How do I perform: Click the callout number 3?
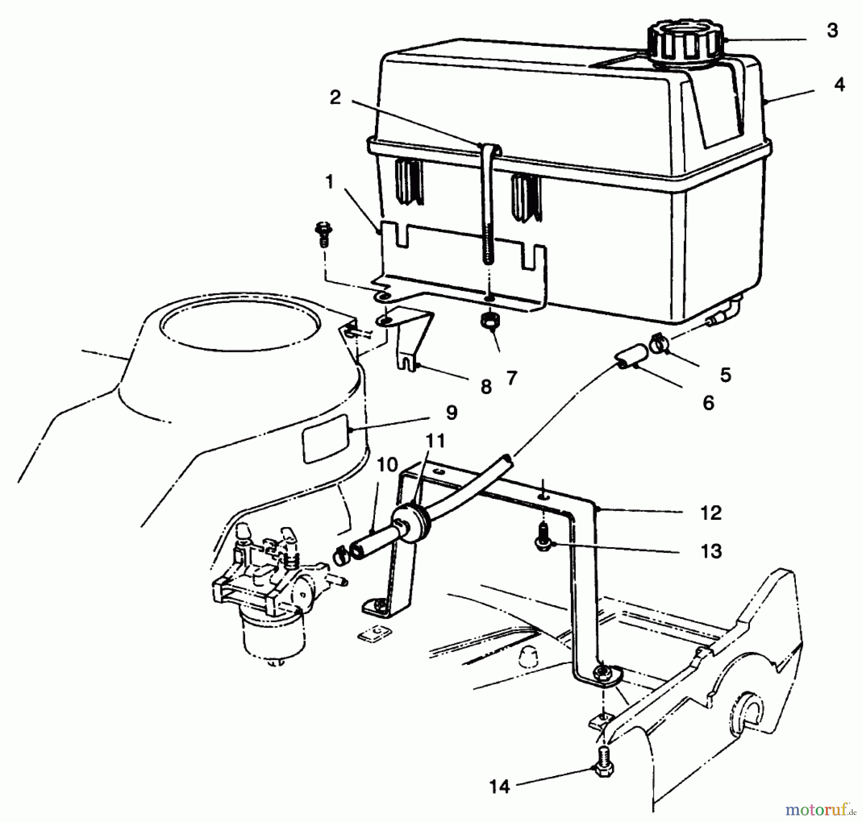[832, 31]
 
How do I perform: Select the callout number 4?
[839, 85]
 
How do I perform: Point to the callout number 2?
[335, 98]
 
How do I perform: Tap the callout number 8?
[486, 386]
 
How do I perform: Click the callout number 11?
[435, 440]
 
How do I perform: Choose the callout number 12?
[711, 513]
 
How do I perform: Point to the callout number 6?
[708, 403]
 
